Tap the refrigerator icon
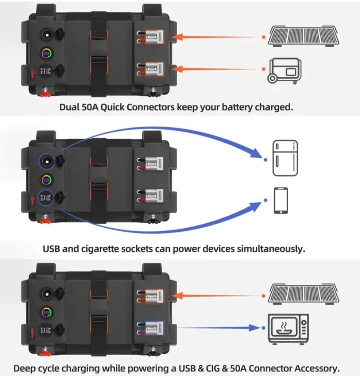285,158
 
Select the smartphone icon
281,200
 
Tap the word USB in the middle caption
52,249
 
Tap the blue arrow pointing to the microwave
215,328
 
